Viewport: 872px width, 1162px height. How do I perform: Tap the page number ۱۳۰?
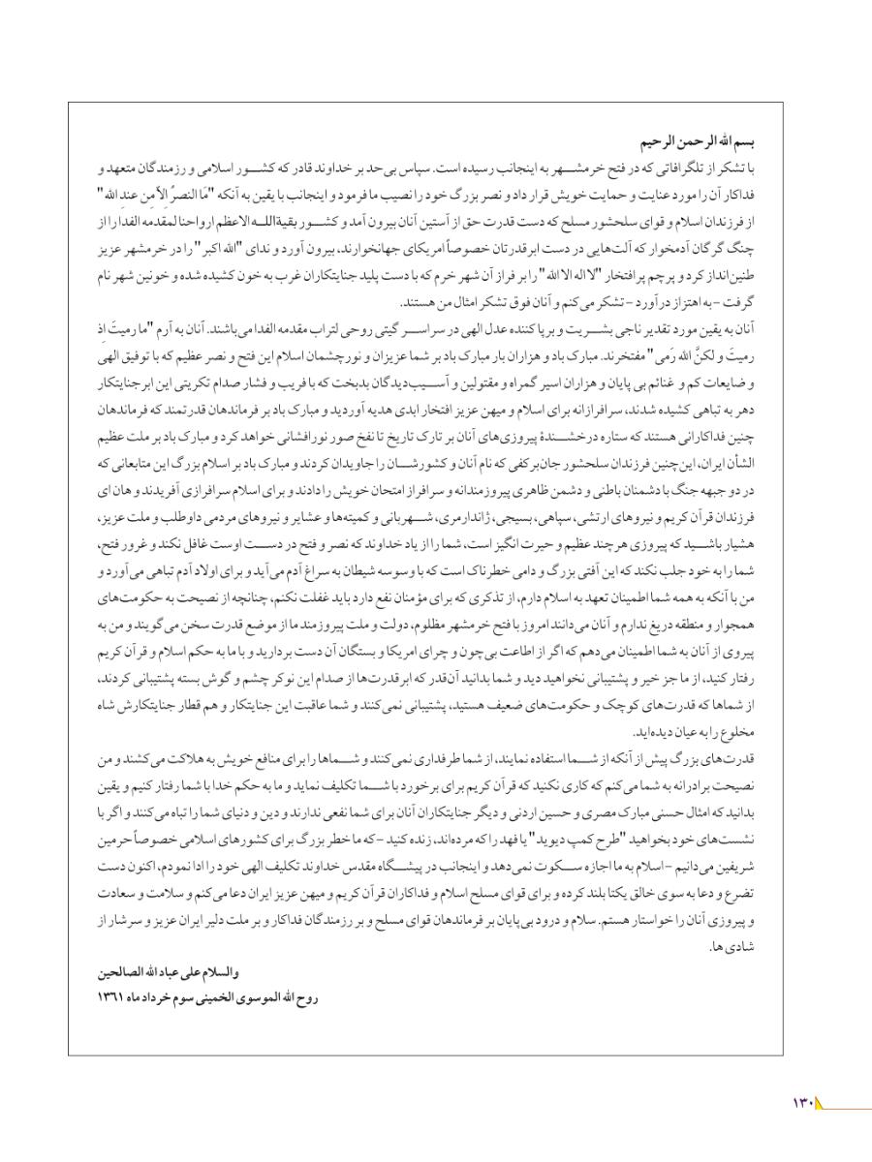coord(805,1101)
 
